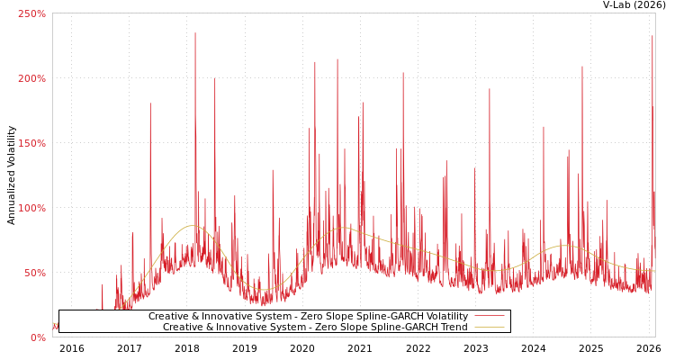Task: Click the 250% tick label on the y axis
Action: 31,13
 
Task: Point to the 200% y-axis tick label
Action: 31,78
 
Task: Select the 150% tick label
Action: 31,143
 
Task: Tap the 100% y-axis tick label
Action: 31,208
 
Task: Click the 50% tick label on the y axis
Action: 34,273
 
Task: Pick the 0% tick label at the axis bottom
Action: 37,337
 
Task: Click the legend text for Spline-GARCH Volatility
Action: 308,317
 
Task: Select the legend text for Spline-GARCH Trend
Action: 315,328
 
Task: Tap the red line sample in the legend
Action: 489,317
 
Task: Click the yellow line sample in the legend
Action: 489,328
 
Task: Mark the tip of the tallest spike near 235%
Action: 194,33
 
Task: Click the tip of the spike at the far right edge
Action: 652,36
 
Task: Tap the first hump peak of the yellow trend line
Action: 191,226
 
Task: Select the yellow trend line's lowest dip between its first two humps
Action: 263,289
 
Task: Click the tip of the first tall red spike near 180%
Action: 150,103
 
